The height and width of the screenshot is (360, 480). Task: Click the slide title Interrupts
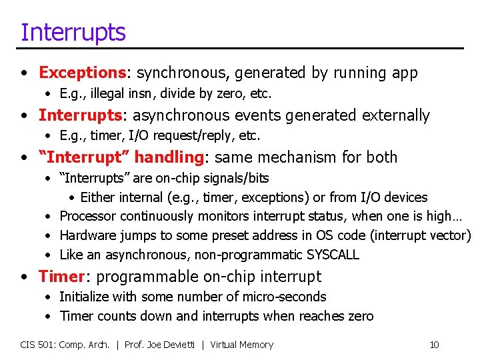click(x=73, y=31)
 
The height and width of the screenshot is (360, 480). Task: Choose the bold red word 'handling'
click(x=171, y=157)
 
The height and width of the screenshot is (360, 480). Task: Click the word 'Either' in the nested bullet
click(x=99, y=197)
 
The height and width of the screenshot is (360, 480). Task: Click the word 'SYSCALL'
click(x=333, y=255)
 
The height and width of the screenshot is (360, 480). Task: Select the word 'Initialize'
click(x=84, y=297)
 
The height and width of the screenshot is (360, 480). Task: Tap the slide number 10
click(x=434, y=345)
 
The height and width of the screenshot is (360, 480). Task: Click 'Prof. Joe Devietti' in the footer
click(x=163, y=345)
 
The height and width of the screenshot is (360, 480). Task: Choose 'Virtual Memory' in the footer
click(x=241, y=345)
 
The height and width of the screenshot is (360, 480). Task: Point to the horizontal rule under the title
click(x=240, y=48)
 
